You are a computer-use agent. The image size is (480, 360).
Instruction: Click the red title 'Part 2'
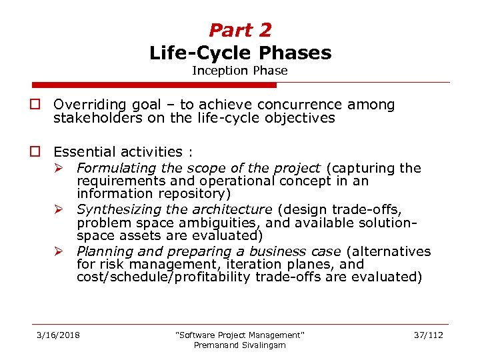click(240, 30)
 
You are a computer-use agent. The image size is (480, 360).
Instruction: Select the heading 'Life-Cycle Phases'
click(240, 52)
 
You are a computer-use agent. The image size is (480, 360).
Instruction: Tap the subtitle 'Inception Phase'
click(240, 70)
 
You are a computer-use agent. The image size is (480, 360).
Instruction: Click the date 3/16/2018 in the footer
click(58, 335)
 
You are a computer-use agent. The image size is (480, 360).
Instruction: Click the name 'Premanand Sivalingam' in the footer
click(239, 345)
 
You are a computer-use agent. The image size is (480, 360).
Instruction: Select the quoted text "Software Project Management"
click(239, 335)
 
